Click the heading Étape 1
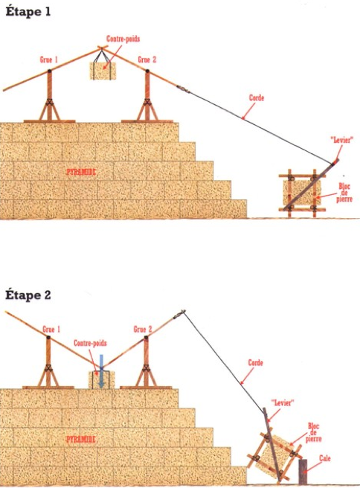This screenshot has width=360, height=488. pyautogui.click(x=28, y=13)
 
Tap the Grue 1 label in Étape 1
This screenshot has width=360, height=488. pyautogui.click(x=50, y=59)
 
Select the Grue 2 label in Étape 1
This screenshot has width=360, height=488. pyautogui.click(x=147, y=59)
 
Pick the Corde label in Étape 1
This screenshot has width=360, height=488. pyautogui.click(x=257, y=97)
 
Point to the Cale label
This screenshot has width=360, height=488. pyautogui.click(x=324, y=460)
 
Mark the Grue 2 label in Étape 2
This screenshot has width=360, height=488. pyautogui.click(x=144, y=329)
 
